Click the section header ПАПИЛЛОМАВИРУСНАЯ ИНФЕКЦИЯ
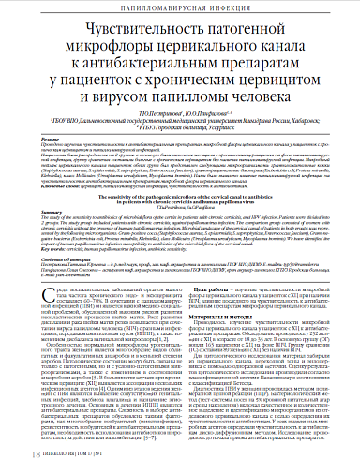[180, 10]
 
